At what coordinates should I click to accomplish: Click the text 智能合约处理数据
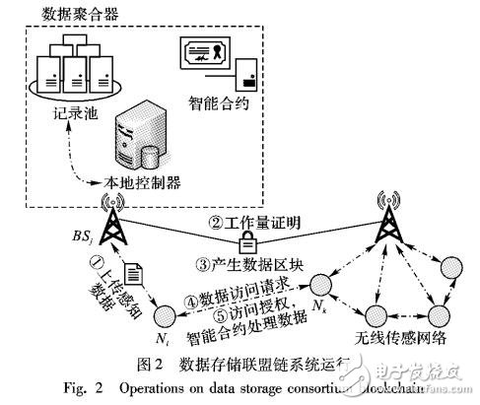click(252, 332)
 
